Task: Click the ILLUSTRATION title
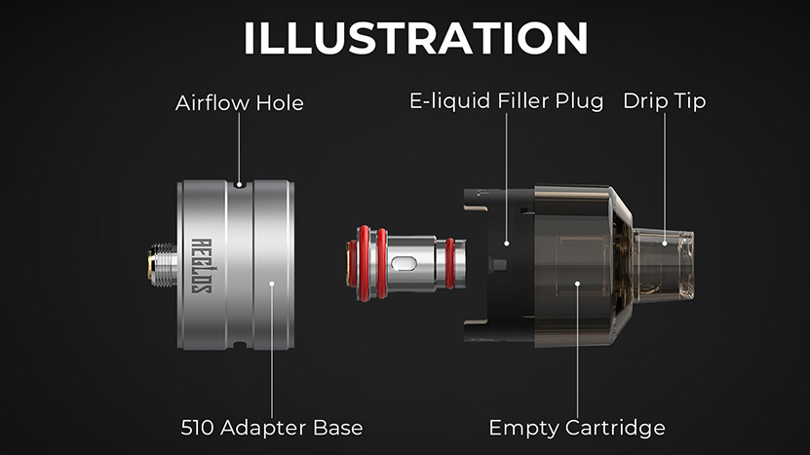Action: (416, 38)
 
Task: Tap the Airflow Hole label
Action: (239, 102)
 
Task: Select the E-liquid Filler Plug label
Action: (506, 101)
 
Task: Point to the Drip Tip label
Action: (665, 101)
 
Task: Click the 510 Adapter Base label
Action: (272, 428)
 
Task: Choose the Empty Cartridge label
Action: (577, 428)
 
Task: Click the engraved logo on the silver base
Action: (202, 265)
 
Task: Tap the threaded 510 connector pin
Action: (162, 265)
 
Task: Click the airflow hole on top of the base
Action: (239, 184)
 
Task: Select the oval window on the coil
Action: (404, 264)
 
